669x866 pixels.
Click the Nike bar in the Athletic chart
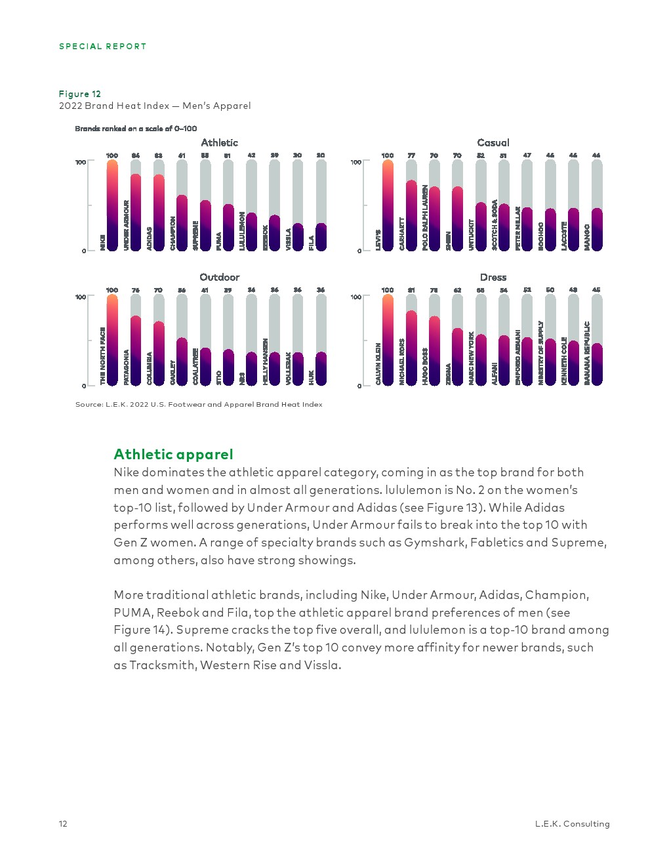click(112, 205)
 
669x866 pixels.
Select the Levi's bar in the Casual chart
click(388, 205)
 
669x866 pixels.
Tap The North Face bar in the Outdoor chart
click(112, 340)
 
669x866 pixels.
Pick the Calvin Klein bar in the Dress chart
click(388, 340)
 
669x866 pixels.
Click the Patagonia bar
click(136, 350)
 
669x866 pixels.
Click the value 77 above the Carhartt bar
click(411, 155)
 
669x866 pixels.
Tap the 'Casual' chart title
click(493, 142)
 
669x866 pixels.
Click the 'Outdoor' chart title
click(220, 277)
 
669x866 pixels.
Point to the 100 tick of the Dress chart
click(355, 297)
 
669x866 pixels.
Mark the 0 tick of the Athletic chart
click(84, 251)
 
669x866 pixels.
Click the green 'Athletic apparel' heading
click(173, 454)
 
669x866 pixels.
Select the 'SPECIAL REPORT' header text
click(102, 47)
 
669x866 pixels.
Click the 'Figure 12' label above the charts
click(80, 94)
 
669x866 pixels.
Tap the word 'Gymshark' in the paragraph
click(430, 543)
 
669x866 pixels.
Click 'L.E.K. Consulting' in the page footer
click(572, 824)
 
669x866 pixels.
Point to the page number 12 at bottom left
click(63, 824)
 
